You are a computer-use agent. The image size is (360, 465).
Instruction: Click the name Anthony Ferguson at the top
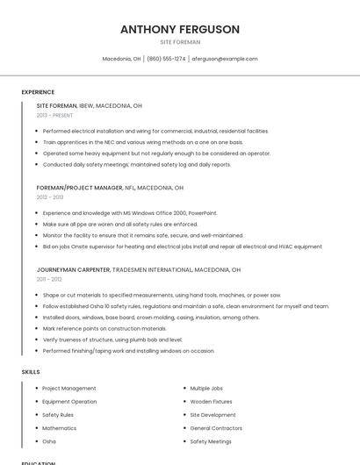pyautogui.click(x=180, y=30)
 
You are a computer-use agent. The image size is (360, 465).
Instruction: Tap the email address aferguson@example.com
pyautogui.click(x=224, y=59)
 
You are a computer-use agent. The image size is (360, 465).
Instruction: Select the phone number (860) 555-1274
pyautogui.click(x=166, y=59)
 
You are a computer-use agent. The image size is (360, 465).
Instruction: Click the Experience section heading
pyautogui.click(x=38, y=92)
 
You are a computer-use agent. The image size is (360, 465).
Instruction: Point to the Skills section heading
pyautogui.click(x=31, y=372)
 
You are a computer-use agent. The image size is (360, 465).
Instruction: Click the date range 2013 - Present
pyautogui.click(x=54, y=115)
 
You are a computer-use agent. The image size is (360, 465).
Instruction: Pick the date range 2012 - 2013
pyautogui.click(x=50, y=197)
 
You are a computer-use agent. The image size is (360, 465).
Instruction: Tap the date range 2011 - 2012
pyautogui.click(x=49, y=280)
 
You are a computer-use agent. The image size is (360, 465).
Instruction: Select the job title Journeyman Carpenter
pyautogui.click(x=73, y=270)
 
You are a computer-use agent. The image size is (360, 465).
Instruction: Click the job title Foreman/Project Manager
pyautogui.click(x=80, y=188)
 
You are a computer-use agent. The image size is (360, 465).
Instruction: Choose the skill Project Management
pyautogui.click(x=69, y=388)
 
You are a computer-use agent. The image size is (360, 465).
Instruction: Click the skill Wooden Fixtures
pyautogui.click(x=211, y=401)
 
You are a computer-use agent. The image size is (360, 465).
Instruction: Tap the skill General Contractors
pyautogui.click(x=216, y=428)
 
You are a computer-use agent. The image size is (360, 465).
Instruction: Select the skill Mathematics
pyautogui.click(x=60, y=428)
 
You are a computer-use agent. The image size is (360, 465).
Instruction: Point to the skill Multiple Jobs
pyautogui.click(x=206, y=388)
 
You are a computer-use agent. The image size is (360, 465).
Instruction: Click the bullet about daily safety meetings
pyautogui.click(x=136, y=164)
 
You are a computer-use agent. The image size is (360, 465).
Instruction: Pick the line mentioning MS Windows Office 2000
pyautogui.click(x=129, y=213)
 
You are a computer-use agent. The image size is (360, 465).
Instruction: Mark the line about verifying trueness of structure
pyautogui.click(x=112, y=340)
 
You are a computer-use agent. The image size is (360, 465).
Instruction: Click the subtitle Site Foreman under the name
pyautogui.click(x=180, y=42)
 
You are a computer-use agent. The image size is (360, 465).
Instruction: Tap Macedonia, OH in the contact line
pyautogui.click(x=121, y=59)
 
